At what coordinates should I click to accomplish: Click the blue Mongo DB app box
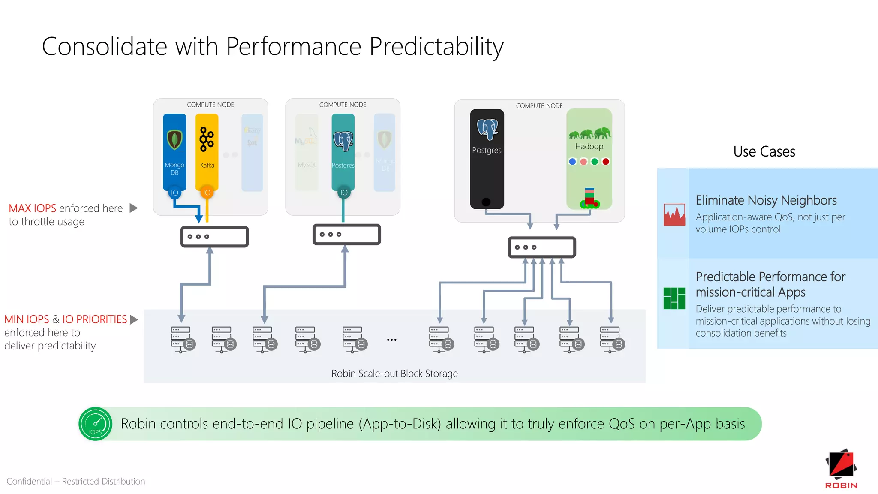tap(174, 152)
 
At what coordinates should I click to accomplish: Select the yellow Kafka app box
tap(207, 152)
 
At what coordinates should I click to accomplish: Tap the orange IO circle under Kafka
tap(207, 193)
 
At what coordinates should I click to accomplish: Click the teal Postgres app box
tap(343, 152)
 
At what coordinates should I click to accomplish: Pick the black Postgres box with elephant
tap(487, 159)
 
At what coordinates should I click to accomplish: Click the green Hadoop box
tap(589, 159)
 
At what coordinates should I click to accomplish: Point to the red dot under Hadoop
tap(606, 162)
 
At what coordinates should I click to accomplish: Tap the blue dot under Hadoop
tap(572, 162)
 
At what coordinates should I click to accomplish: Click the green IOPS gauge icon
tap(96, 424)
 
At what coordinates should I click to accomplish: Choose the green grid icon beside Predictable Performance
tap(674, 298)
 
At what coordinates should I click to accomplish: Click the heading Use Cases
tap(764, 152)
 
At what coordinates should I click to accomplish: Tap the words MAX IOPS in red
tap(33, 208)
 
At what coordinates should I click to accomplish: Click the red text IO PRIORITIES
tap(95, 319)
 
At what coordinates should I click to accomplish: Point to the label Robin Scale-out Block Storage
tap(394, 374)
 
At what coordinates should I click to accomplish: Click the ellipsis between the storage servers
tap(391, 340)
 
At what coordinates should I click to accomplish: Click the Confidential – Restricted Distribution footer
tap(76, 481)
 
